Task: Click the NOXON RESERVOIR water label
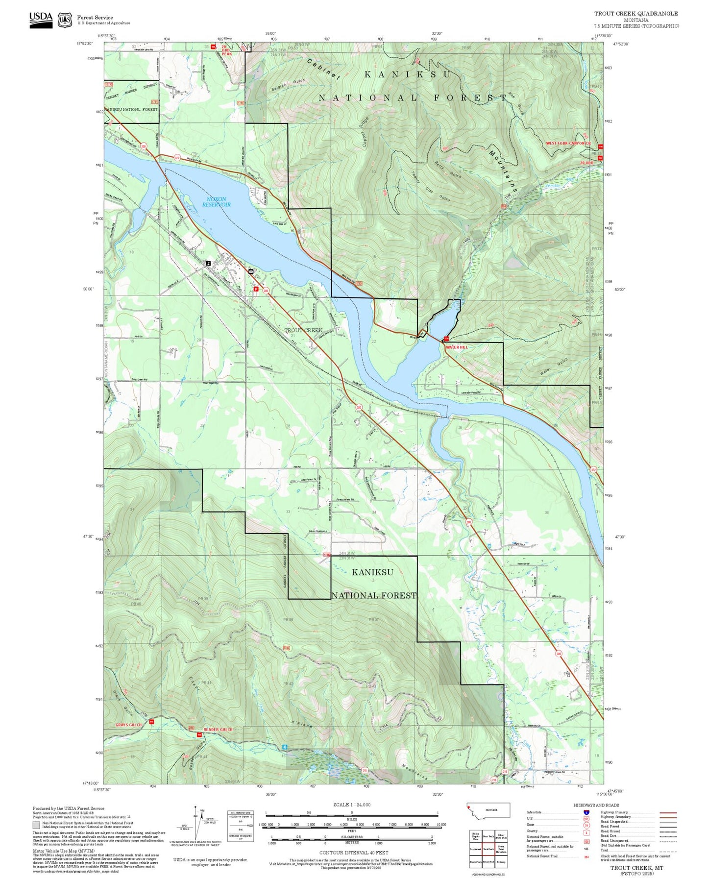point(216,202)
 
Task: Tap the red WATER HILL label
point(456,347)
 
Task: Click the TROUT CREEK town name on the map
point(303,330)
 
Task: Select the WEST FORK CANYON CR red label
point(568,143)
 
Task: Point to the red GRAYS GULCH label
point(128,725)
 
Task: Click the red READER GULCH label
point(218,730)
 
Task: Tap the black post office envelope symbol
point(251,271)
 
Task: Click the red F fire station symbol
point(256,289)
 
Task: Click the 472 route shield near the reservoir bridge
point(177,157)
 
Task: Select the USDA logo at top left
point(41,18)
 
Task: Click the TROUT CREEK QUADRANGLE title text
point(636,14)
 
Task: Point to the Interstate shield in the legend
point(586,812)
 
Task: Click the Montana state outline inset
point(488,810)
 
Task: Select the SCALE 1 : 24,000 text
point(351,805)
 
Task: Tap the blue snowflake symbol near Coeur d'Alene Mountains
point(285,747)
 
